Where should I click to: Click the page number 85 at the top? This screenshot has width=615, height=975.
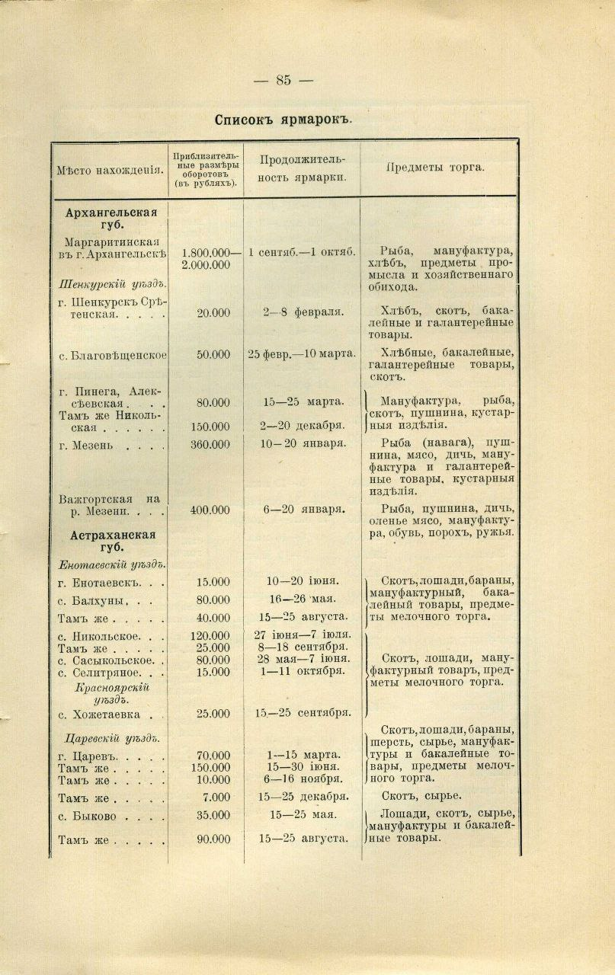click(283, 80)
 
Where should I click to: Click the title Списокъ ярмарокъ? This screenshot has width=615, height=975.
click(282, 120)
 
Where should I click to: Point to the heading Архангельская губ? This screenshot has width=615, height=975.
click(111, 219)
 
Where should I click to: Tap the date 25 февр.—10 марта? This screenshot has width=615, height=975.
click(301, 354)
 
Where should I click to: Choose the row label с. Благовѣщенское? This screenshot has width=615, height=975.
click(112, 354)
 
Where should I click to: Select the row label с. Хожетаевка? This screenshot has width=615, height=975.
click(111, 714)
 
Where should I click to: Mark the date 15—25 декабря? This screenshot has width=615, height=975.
click(303, 797)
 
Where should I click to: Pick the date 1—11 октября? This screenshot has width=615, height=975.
click(299, 672)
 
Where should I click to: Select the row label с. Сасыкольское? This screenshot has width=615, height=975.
click(111, 659)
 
